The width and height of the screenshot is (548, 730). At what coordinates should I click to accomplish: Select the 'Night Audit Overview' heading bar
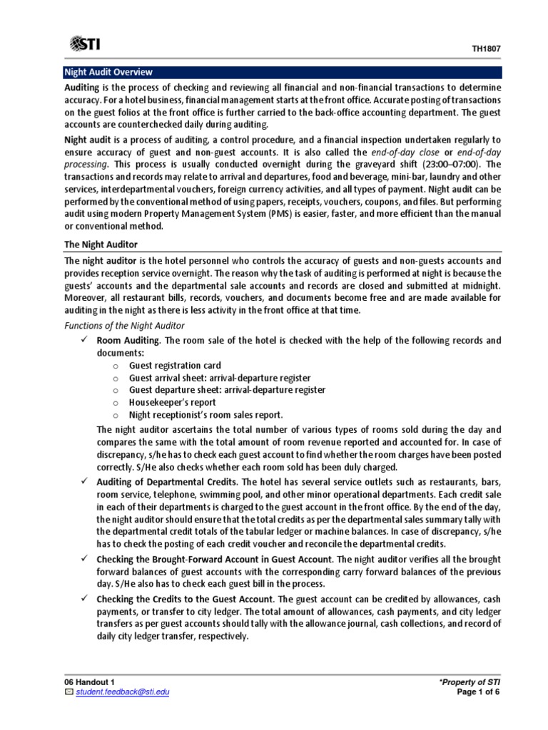pyautogui.click(x=108, y=73)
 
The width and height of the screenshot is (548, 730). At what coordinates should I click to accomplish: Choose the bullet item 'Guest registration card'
pyautogui.click(x=175, y=366)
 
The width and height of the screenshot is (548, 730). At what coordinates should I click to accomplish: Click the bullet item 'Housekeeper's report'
pyautogui.click(x=172, y=402)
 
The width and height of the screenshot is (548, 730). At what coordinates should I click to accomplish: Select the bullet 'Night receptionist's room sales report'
pyautogui.click(x=205, y=414)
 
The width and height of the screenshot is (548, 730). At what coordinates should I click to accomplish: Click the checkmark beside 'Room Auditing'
pyautogui.click(x=83, y=340)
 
